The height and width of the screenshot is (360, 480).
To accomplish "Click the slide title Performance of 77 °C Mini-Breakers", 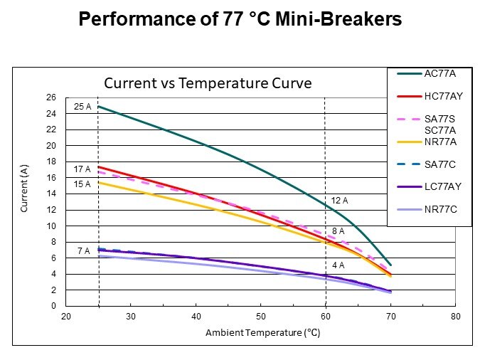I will tap(240, 20).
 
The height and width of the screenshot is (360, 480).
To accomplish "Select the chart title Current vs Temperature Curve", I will tap(208, 83).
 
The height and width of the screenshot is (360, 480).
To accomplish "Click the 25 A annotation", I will tap(82, 107).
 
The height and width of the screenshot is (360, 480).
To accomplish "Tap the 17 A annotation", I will tap(82, 169).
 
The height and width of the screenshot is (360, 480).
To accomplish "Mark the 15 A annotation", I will tap(82, 184).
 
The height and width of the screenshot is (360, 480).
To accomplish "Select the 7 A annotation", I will tap(84, 251).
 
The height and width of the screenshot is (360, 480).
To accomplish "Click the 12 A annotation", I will tap(338, 201).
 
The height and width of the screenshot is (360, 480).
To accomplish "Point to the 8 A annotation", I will tap(338, 231).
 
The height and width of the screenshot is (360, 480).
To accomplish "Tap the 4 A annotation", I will tap(338, 265).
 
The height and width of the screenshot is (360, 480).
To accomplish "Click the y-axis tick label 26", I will tap(51, 97).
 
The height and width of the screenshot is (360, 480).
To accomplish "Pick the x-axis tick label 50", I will tap(261, 317).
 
